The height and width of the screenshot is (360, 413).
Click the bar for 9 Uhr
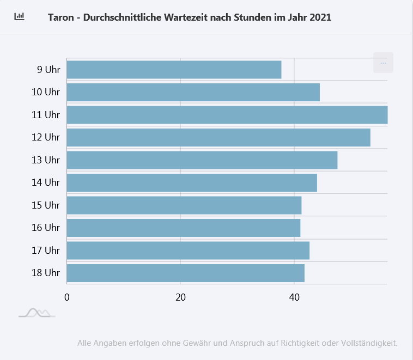tap(174, 70)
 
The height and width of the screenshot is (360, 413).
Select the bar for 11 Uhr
tap(227, 115)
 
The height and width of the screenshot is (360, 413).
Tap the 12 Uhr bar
tap(218, 137)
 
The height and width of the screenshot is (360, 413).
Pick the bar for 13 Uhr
tap(202, 160)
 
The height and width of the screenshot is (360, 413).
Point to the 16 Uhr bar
tap(183, 228)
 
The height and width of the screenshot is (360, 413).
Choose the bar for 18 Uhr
tap(185, 273)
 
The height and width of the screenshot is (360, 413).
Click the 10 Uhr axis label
tap(46, 92)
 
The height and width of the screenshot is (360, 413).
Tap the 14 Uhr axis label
tap(46, 182)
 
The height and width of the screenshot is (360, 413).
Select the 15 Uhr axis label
tap(46, 205)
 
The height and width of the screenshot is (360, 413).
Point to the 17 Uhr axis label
tap(46, 251)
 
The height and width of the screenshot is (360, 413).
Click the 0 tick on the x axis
tap(67, 297)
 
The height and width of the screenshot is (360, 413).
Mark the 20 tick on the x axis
tap(180, 297)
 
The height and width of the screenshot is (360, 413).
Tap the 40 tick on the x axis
tap(294, 297)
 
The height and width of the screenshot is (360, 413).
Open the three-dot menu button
tap(383, 63)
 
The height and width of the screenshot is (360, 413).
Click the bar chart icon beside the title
tap(20, 16)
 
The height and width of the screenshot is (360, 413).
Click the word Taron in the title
tap(60, 17)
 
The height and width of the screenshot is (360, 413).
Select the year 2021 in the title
tap(320, 17)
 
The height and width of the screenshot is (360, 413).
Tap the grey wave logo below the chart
tap(37, 313)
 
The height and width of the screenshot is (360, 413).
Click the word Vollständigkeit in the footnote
tap(369, 343)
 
